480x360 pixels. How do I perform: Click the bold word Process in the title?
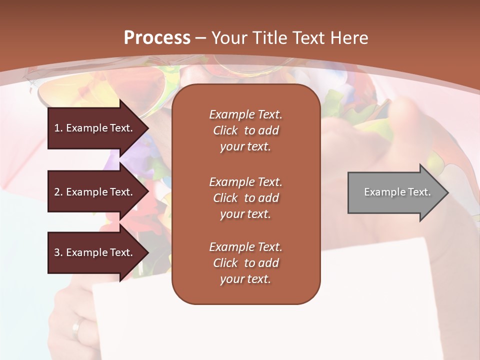coord(157,37)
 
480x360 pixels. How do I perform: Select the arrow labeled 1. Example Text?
coord(95,128)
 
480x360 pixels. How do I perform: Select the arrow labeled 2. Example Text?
coord(95,192)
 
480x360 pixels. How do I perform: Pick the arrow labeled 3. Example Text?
coord(95,252)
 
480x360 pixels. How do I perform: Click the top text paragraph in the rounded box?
coord(245,130)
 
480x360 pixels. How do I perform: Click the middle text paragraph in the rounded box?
coord(245,197)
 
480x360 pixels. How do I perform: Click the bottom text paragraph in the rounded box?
coord(245,263)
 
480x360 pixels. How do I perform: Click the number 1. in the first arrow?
coord(58,128)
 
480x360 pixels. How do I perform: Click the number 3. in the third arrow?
coord(58,252)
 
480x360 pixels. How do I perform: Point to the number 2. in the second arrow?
coord(58,192)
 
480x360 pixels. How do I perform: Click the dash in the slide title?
coord(201,38)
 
